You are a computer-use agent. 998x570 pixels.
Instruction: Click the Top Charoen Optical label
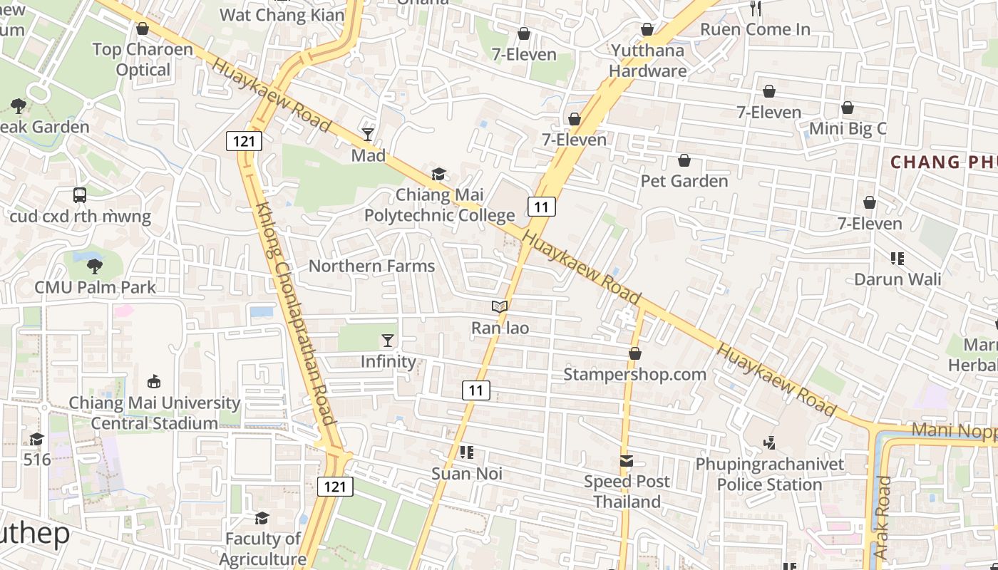[x=143, y=60]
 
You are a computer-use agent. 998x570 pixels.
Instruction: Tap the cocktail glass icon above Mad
[x=368, y=134]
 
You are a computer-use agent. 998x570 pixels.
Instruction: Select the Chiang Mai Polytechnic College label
[x=440, y=205]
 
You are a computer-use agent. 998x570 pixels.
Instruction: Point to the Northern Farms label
[x=371, y=266]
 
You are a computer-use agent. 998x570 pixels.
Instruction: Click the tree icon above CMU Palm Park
[x=94, y=267]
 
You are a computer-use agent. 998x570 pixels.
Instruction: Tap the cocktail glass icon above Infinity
[x=388, y=341]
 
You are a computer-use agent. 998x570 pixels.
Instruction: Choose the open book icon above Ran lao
[x=500, y=307]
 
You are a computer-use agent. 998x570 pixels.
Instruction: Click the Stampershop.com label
[x=634, y=374]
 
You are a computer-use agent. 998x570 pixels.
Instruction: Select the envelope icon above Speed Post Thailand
[x=627, y=461]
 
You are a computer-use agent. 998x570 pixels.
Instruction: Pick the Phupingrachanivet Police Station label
[x=769, y=475]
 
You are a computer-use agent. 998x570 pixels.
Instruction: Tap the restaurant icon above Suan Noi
[x=467, y=452]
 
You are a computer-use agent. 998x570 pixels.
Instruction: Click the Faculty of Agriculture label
[x=262, y=549]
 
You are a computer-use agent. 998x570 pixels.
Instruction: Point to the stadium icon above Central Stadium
[x=153, y=382]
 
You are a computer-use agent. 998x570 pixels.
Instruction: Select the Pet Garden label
[x=684, y=181]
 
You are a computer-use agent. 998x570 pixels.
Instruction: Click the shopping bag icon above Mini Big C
[x=848, y=108]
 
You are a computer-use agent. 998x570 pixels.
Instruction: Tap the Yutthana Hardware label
[x=647, y=61]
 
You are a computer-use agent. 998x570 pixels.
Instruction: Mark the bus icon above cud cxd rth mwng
[x=80, y=195]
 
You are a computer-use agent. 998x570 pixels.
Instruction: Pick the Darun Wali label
[x=897, y=279]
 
